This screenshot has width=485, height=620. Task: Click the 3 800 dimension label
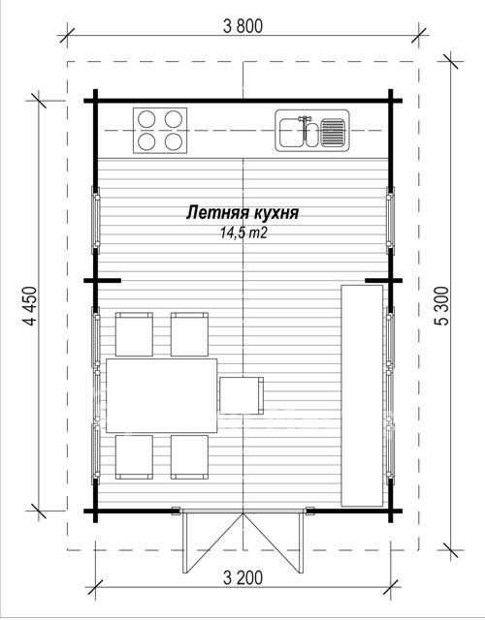pos(242,26)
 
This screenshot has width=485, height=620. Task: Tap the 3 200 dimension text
pos(242,578)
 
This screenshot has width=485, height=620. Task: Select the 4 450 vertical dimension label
pos(30,306)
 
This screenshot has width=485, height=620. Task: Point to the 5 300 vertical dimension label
pos(442,306)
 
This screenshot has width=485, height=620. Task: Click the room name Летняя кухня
pos(242,213)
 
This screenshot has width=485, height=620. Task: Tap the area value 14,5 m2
pos(243,232)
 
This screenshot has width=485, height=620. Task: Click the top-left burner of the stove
pos(146,119)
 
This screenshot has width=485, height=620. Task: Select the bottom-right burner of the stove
pos(173,141)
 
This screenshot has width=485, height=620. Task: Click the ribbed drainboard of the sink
pos(333,132)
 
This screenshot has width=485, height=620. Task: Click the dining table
pos(162,395)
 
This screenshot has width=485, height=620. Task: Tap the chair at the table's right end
pos(242,395)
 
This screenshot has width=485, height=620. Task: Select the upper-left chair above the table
pos(134,334)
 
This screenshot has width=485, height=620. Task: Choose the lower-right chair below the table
pos(190,457)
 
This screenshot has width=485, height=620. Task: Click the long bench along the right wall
pos(362,395)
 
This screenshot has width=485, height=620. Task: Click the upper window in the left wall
pos(96,220)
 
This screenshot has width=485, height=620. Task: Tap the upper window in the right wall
pos(390,220)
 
